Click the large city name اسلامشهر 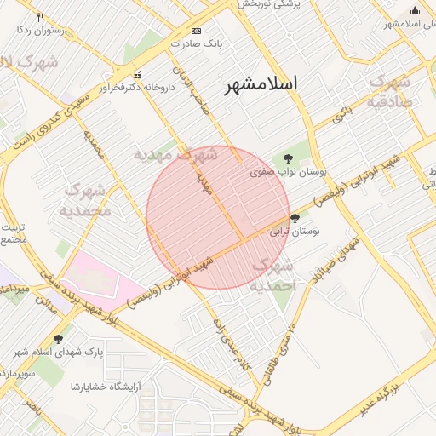262,83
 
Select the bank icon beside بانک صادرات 197,31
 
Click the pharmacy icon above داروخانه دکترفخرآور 138,74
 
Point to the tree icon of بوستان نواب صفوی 288,158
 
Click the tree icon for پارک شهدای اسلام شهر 58,339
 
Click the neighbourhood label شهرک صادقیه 390,91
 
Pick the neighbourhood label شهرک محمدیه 88,198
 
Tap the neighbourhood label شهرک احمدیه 272,277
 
